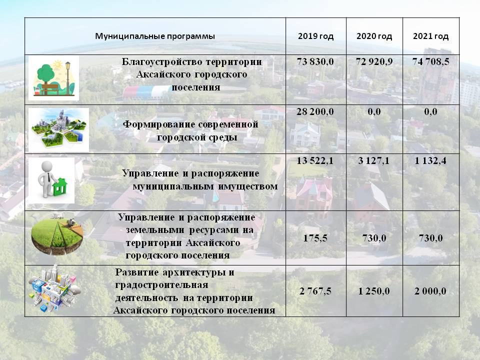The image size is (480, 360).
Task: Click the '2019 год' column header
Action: pyautogui.click(x=315, y=36)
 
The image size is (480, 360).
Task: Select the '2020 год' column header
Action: pyautogui.click(x=374, y=36)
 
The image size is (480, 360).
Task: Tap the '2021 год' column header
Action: pyautogui.click(x=430, y=36)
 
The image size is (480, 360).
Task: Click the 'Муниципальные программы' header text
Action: pyautogui.click(x=155, y=36)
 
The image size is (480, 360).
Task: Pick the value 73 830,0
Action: pyautogui.click(x=315, y=62)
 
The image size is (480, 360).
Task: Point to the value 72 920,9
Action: pyautogui.click(x=374, y=62)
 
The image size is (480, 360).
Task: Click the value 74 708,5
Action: pyautogui.click(x=430, y=62)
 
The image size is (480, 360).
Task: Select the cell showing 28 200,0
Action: pyautogui.click(x=315, y=111)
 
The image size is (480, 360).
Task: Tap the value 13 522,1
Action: pyautogui.click(x=315, y=160)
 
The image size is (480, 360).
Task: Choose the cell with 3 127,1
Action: pyautogui.click(x=374, y=160)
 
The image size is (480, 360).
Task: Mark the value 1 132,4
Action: pyautogui.click(x=430, y=160)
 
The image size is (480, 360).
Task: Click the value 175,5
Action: pyautogui.click(x=315, y=238)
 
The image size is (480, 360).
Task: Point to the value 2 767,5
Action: pyautogui.click(x=315, y=291)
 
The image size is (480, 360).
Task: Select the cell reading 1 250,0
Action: pyautogui.click(x=374, y=291)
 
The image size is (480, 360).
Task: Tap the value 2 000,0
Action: pyautogui.click(x=430, y=291)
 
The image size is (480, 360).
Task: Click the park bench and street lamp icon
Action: pyautogui.click(x=54, y=78)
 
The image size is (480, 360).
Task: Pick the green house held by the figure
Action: pyautogui.click(x=60, y=186)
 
